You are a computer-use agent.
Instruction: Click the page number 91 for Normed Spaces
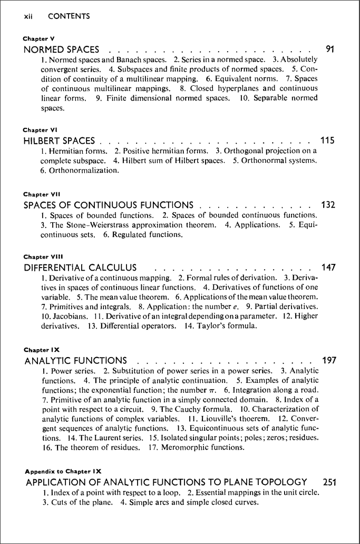pyautogui.click(x=330, y=50)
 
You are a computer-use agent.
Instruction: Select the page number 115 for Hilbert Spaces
pyautogui.click(x=328, y=141)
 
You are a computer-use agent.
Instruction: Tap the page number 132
pyautogui.click(x=328, y=205)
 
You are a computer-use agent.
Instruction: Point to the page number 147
pyautogui.click(x=328, y=268)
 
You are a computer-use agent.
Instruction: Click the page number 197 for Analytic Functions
pyautogui.click(x=328, y=361)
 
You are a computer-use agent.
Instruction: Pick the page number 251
pyautogui.click(x=328, y=482)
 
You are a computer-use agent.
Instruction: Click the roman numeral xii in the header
pyautogui.click(x=29, y=16)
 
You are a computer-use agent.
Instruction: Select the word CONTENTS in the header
pyautogui.click(x=69, y=16)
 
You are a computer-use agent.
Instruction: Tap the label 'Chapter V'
pyautogui.click(x=39, y=39)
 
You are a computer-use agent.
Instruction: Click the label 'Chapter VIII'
pyautogui.click(x=43, y=257)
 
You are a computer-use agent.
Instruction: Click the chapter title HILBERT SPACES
pyautogui.click(x=60, y=141)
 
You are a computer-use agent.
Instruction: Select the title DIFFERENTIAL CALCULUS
pyautogui.click(x=81, y=268)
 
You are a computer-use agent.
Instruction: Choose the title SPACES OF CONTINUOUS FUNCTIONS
pyautogui.click(x=109, y=205)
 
